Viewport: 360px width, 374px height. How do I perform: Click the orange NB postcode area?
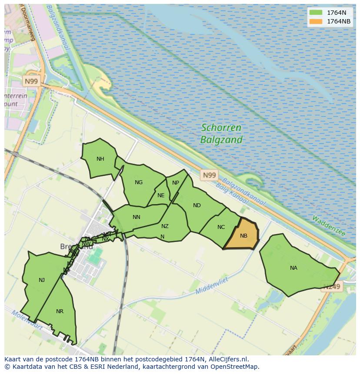coord(243,235)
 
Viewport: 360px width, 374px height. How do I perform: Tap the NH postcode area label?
coord(100,159)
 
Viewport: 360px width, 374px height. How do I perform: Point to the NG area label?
coord(139,182)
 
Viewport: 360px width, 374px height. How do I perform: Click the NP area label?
coord(176,183)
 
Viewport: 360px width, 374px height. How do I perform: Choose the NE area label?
coord(161,195)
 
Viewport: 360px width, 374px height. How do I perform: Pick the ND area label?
coord(197,205)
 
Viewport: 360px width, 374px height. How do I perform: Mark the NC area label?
coord(221,227)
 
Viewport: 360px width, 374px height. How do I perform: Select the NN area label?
coord(137,217)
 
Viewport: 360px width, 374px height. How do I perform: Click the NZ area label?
coord(165,226)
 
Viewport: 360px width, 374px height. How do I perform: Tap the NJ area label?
coord(42,280)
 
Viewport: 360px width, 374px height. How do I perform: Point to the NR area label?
coord(60,311)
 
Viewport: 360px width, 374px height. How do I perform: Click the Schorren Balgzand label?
coord(221,134)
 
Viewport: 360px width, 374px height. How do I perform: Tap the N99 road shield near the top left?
coord(31,81)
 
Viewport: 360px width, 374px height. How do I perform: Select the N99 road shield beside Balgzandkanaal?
coord(209,175)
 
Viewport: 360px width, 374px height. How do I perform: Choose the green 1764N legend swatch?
coord(316,13)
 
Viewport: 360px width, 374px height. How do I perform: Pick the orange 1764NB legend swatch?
coord(316,21)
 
